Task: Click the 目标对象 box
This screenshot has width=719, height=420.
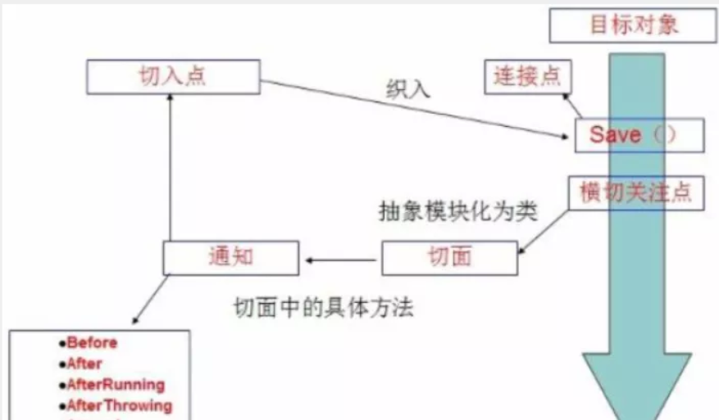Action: (x=634, y=25)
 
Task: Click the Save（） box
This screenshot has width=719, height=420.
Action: (x=639, y=135)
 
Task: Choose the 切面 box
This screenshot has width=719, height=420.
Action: (x=450, y=258)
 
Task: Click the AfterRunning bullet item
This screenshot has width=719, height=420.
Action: (x=115, y=384)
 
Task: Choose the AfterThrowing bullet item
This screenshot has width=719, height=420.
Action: (x=119, y=405)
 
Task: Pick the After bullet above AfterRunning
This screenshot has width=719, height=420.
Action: (x=83, y=364)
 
